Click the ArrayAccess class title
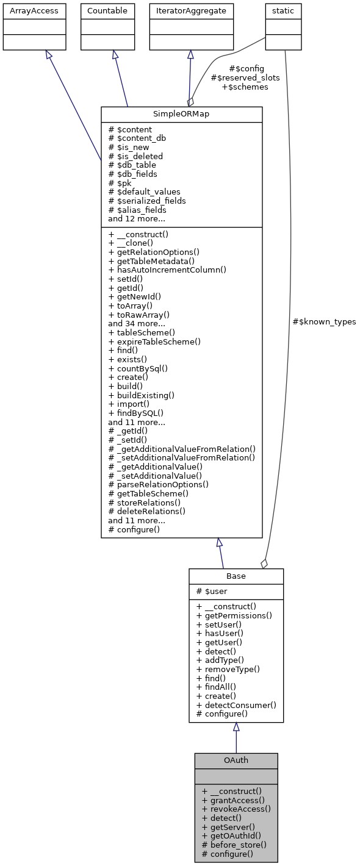(34, 10)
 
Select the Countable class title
(107, 10)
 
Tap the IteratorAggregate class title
(191, 10)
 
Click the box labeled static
(283, 10)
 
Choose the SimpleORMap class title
(181, 114)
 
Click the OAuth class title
(236, 760)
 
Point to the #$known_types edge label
(324, 321)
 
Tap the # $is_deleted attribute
(135, 156)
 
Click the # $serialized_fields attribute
(147, 201)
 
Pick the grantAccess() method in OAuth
(232, 800)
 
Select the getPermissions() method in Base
(234, 615)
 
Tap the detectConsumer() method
(236, 704)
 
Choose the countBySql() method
(138, 368)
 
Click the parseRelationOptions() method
(158, 484)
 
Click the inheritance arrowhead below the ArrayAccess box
(48, 55)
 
